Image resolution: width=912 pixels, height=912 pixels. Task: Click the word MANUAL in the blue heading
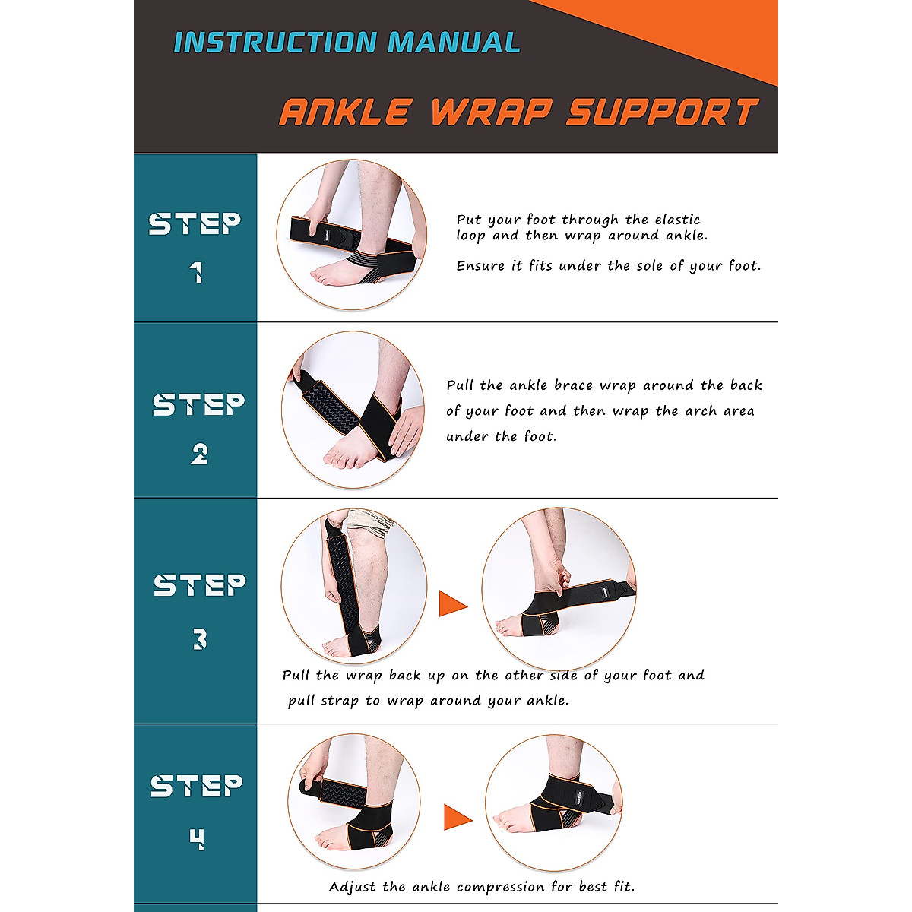pyautogui.click(x=454, y=42)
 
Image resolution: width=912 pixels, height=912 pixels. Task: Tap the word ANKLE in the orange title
pyautogui.click(x=345, y=112)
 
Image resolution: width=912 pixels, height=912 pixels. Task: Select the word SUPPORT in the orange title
pyautogui.click(x=663, y=112)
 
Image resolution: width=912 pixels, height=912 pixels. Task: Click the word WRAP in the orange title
pyautogui.click(x=492, y=112)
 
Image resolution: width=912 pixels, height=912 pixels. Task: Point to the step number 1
pyautogui.click(x=196, y=273)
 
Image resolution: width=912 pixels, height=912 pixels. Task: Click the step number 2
pyautogui.click(x=199, y=454)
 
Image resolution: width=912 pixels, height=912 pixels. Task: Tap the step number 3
pyautogui.click(x=200, y=639)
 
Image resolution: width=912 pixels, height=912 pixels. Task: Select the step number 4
pyautogui.click(x=197, y=839)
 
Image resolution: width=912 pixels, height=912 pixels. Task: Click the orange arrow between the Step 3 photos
pyautogui.click(x=453, y=603)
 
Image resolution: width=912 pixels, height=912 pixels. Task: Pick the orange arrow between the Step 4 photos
pyautogui.click(x=458, y=817)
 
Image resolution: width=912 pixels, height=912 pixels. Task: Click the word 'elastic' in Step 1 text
pyautogui.click(x=677, y=220)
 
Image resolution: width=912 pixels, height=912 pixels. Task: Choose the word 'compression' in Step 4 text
pyautogui.click(x=500, y=887)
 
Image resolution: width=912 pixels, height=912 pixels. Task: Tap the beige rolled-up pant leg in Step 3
pyautogui.click(x=368, y=522)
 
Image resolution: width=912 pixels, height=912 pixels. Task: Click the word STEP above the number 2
pyautogui.click(x=198, y=405)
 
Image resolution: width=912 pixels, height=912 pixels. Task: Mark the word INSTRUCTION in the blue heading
pyautogui.click(x=275, y=42)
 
